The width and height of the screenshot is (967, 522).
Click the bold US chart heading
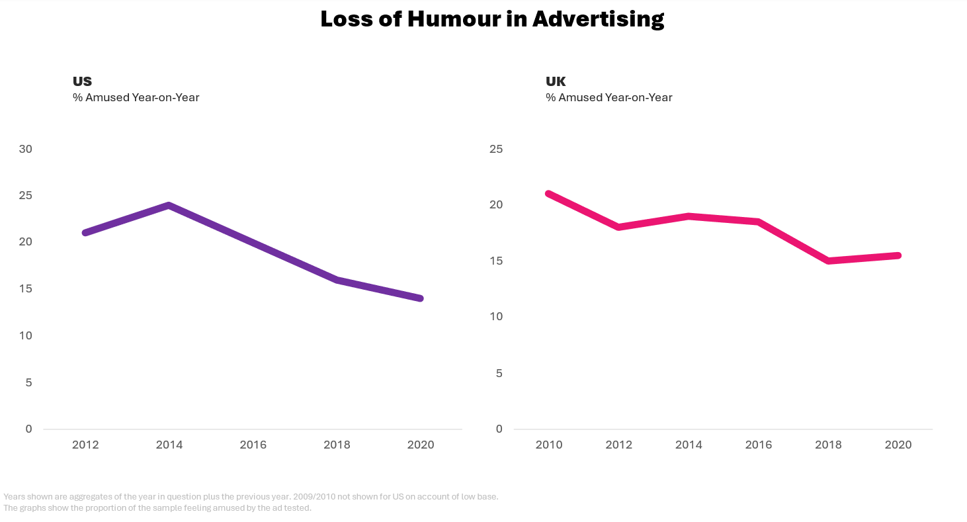coord(82,81)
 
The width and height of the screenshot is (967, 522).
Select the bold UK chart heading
coord(556,81)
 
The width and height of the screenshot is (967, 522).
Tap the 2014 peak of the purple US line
coord(169,205)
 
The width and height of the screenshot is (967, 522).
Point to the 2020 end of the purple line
coord(420,298)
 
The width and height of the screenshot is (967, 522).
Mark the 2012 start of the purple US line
coord(85,233)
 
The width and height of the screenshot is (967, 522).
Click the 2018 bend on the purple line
coord(337,280)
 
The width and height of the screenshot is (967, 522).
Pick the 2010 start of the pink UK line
coord(549,193)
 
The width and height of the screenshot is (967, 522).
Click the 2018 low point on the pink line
coord(829,261)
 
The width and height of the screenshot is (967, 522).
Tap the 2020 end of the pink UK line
coord(898,255)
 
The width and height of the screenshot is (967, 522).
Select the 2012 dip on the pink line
coord(619,227)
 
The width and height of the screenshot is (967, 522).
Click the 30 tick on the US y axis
coord(26,150)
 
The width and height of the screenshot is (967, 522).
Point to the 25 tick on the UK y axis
coord(496,150)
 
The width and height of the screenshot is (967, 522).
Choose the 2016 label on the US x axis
coord(253,445)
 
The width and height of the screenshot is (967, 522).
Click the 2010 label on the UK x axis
coord(549,445)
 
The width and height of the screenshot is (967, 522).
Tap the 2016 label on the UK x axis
coord(759,445)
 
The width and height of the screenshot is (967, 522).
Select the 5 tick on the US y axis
coord(28,382)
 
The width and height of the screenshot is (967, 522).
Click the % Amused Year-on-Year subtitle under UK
coord(609,97)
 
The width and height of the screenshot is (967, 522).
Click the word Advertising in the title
coord(598,19)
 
